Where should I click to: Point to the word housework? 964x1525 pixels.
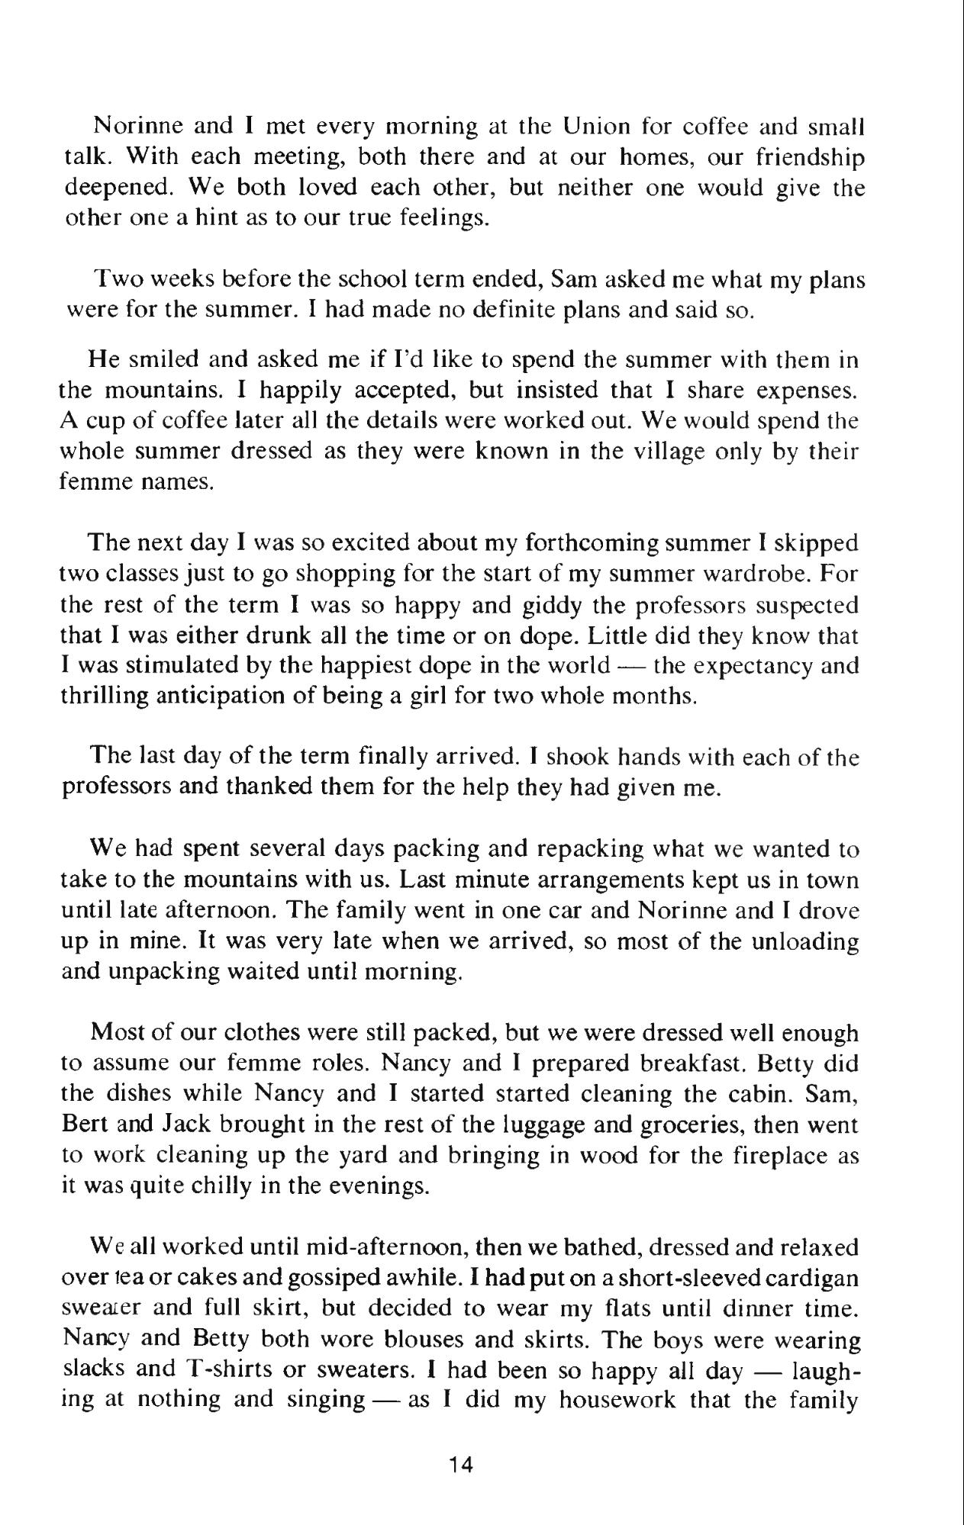[618, 1402]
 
